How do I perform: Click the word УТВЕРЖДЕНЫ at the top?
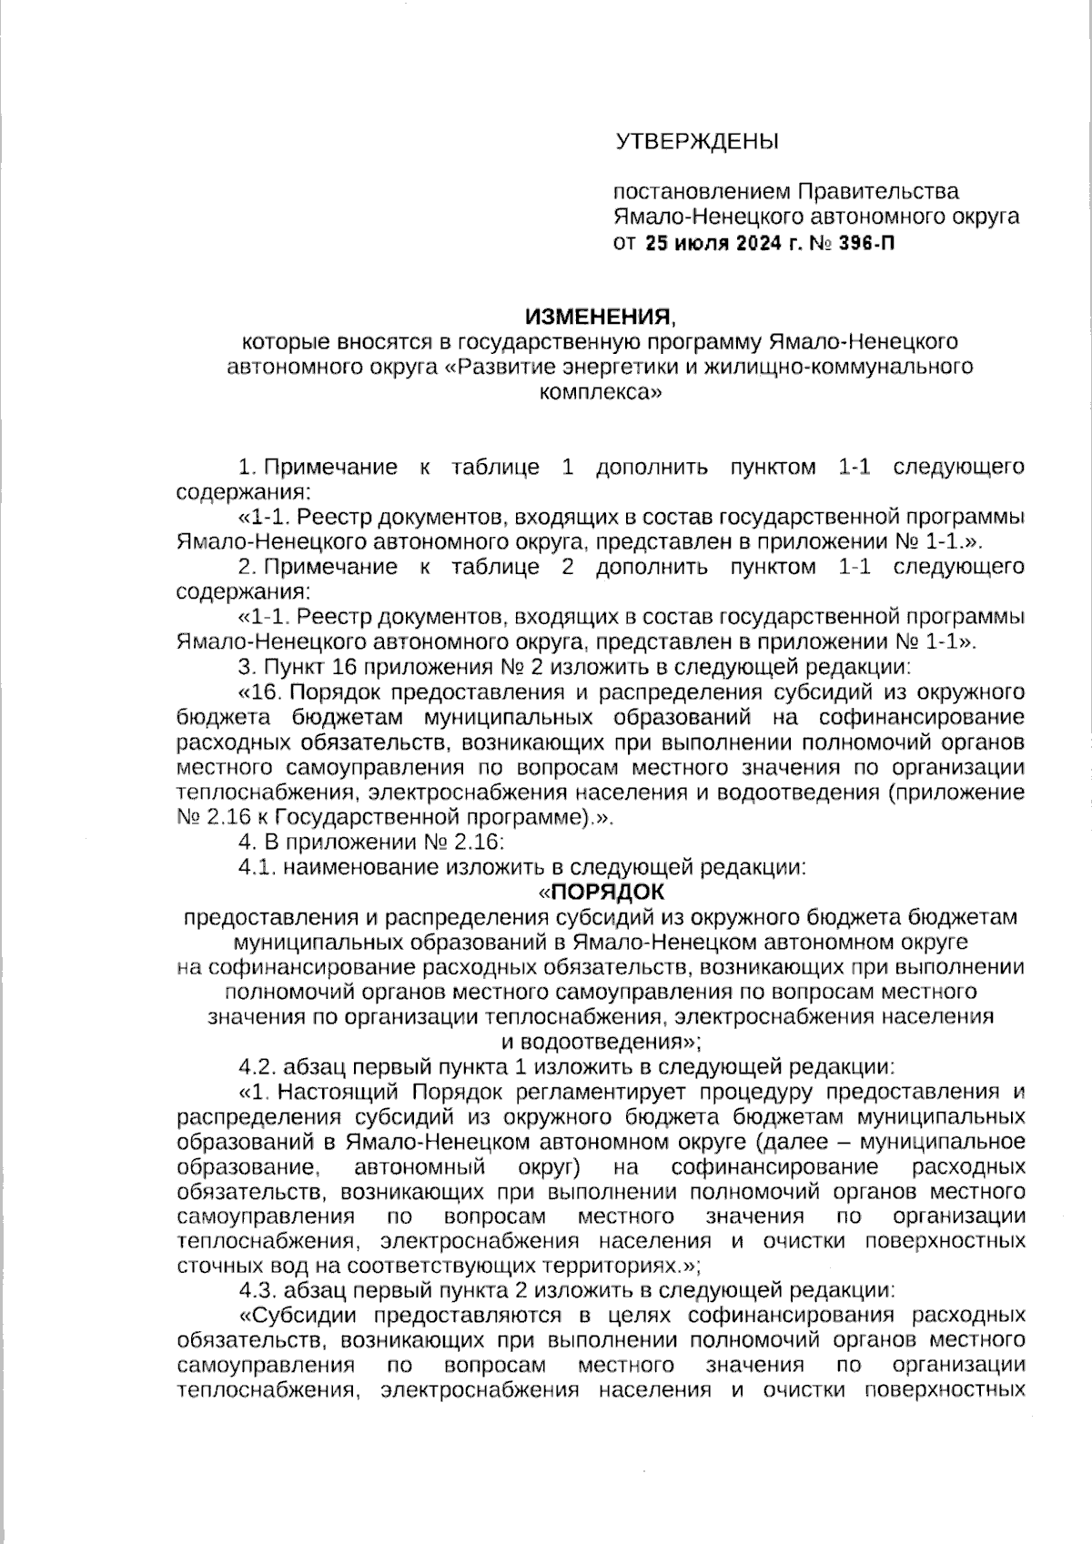coord(697,142)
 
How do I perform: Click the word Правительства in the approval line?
coord(878,192)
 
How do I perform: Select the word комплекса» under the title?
coord(600,393)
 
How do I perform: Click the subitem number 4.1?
coord(257,867)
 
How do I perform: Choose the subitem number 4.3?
coord(258,1289)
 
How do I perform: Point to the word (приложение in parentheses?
coord(955,792)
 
